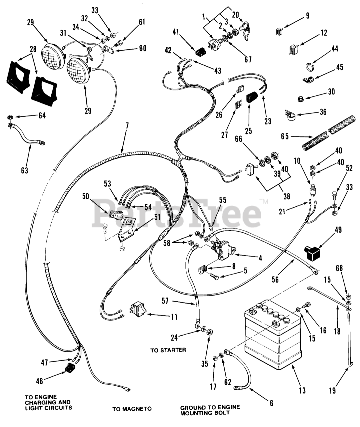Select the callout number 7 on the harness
(127, 126)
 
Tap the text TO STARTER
(168, 350)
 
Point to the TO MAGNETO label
(132, 409)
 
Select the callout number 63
(24, 170)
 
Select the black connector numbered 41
(200, 52)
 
